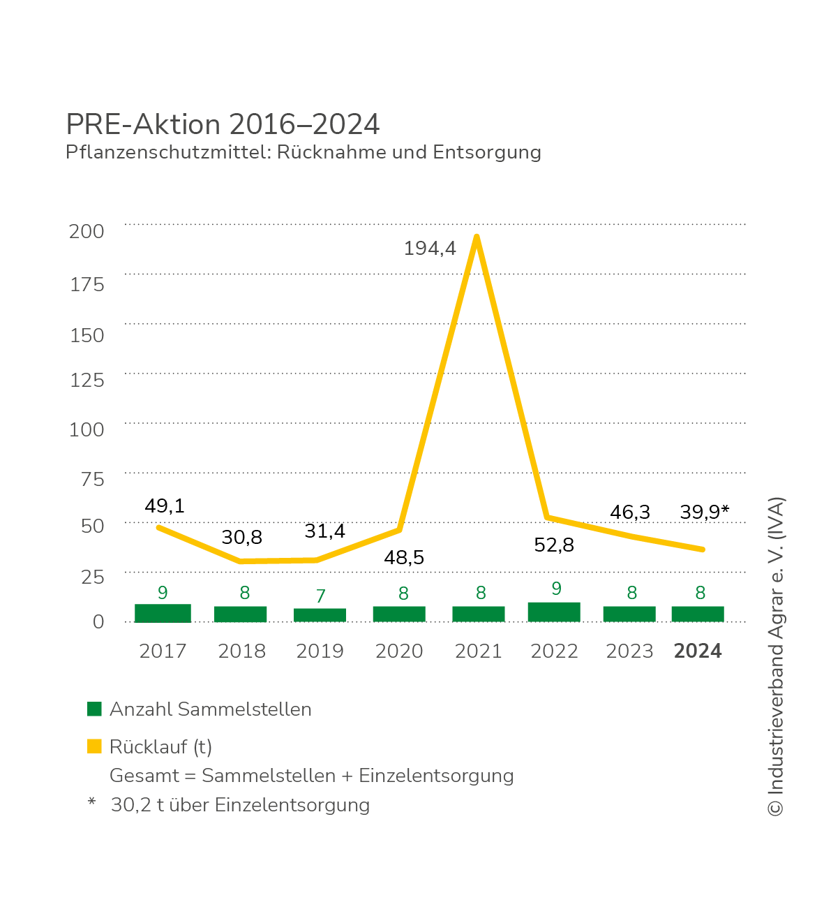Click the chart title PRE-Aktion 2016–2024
pos(223,124)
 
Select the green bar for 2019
pos(320,615)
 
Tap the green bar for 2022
pos(554,612)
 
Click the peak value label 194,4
pos(430,248)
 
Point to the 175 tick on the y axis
pos(87,284)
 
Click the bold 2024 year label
pos(698,651)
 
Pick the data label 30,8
pos(241,537)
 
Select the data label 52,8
pos(554,545)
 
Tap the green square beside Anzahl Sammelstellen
pos(94,709)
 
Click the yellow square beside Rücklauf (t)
pos(94,746)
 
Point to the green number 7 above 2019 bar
pos(320,596)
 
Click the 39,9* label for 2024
pos(704,512)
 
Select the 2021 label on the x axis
pos(478,651)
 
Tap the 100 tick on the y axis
pos(87,429)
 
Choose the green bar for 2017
pos(163,613)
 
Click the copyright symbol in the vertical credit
pos(775,808)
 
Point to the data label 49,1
pos(165,506)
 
